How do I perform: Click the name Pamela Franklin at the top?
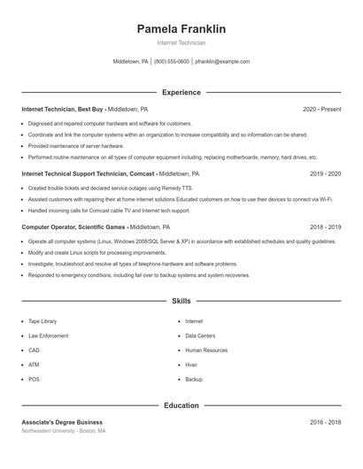pos(181,29)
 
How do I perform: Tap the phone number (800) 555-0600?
pos(171,62)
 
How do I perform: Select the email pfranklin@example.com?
pos(222,62)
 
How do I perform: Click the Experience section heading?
pos(181,92)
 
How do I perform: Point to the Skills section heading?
pos(181,302)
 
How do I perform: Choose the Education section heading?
pos(181,406)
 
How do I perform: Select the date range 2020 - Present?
pos(321,109)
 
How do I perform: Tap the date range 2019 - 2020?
pos(325,174)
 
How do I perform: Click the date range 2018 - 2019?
pos(325,227)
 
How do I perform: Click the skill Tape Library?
pos(42,321)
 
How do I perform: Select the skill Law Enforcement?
pos(48,335)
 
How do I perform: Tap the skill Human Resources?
pos(206,350)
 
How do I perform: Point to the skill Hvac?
pos(192,365)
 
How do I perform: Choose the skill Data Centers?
pos(200,335)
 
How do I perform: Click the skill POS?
pos(34,379)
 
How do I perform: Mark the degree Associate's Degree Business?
pos(62,422)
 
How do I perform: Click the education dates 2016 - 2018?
pos(325,422)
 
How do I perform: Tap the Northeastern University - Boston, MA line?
pos(64,431)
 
